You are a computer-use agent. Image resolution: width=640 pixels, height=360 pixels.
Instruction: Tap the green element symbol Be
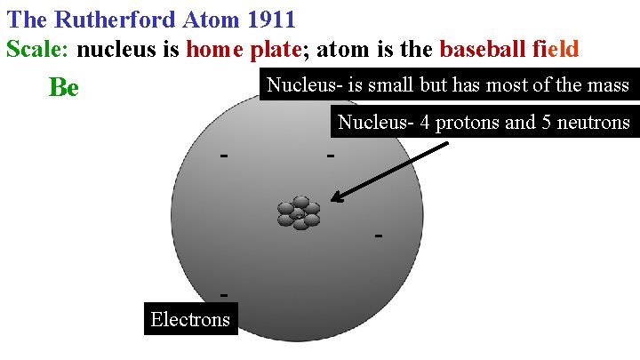tap(63, 88)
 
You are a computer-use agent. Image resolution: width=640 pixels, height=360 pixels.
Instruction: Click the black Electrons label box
tap(190, 319)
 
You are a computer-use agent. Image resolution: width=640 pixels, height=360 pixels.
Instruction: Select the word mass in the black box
tap(607, 85)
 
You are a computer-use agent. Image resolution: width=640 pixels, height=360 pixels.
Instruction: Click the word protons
tap(463, 122)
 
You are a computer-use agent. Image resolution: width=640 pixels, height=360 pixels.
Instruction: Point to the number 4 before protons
tap(425, 122)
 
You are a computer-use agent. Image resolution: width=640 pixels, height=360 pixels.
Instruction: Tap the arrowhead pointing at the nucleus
tap(335, 200)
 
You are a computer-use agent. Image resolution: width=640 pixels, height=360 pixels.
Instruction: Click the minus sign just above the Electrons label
tap(225, 294)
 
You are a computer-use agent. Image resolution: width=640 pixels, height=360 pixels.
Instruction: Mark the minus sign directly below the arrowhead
tap(379, 236)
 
